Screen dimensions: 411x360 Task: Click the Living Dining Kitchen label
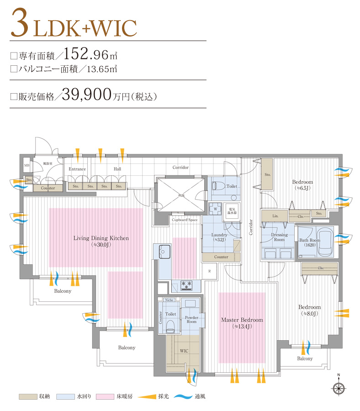point(101,238)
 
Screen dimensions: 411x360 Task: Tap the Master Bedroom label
point(242,320)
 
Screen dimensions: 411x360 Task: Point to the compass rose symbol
point(339,388)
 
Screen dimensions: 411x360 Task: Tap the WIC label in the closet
point(184,351)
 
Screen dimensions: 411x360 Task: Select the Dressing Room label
point(279,237)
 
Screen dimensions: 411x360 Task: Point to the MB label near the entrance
point(26,166)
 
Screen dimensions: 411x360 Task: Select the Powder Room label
point(191,319)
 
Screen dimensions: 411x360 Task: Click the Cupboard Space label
point(185,220)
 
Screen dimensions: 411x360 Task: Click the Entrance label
point(77,169)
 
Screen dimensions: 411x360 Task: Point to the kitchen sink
point(164,252)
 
